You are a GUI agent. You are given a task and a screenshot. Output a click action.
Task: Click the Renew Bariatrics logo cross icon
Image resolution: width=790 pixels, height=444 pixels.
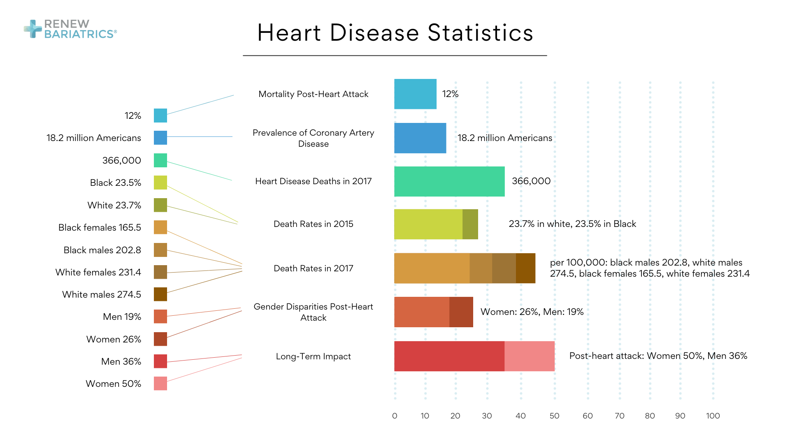pos(33,29)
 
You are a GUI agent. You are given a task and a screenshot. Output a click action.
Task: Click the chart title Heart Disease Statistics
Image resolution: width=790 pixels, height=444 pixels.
pos(395,33)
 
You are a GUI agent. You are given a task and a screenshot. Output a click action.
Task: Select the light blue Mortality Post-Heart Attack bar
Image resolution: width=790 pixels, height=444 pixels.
pos(415,94)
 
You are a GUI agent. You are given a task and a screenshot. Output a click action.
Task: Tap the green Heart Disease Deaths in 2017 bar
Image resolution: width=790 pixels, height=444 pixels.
pos(449,181)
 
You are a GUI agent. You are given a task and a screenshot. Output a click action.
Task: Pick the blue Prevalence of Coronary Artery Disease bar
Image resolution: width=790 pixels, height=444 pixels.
pos(420,138)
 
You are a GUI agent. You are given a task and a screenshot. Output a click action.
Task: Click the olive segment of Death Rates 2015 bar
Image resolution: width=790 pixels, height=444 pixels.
pos(470,224)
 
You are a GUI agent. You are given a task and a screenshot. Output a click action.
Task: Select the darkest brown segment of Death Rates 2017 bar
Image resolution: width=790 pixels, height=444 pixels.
pos(525,268)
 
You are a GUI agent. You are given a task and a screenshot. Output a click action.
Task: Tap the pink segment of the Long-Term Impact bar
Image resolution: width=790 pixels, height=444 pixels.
pos(529,356)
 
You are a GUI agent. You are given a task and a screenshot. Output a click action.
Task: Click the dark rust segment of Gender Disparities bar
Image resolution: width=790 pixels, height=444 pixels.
pos(461,312)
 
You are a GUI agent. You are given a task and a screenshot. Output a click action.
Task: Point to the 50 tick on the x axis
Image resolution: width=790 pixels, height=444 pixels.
pos(554,416)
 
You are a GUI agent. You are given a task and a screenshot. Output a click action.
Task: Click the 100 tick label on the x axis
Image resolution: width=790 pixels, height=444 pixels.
pos(713,416)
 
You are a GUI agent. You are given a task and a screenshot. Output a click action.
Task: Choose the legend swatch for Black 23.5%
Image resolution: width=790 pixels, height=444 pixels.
pos(160,183)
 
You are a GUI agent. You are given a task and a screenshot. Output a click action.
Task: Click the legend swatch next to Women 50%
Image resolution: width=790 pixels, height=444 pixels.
pos(160,384)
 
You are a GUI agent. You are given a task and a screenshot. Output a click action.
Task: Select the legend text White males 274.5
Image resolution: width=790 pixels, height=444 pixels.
pos(101,294)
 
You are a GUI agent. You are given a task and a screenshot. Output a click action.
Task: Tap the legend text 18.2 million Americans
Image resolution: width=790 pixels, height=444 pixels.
pos(93,138)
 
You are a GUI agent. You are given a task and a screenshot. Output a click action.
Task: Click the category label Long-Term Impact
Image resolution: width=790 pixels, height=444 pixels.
pos(313,356)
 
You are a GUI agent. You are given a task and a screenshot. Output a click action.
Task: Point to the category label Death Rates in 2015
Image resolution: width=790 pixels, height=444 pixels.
pos(313,224)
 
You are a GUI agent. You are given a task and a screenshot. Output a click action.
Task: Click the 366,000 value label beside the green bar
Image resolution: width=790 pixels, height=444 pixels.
pos(531,181)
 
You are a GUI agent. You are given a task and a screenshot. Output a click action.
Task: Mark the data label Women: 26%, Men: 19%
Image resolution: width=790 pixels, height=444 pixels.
pos(532,312)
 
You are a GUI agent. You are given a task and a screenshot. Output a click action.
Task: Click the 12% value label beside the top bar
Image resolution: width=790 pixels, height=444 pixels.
pos(450,94)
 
